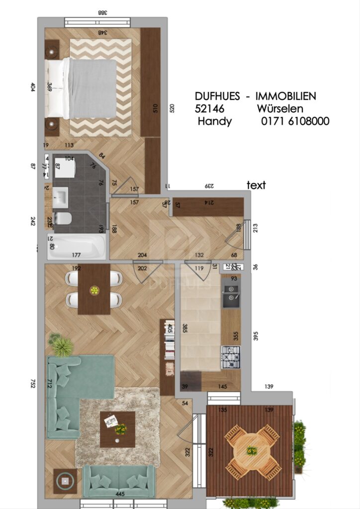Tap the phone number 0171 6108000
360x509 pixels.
pyautogui.click(x=295, y=121)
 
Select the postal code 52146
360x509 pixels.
pyautogui.click(x=209, y=109)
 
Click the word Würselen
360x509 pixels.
pyautogui.click(x=280, y=109)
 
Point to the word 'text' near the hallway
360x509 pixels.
pyautogui.click(x=256, y=185)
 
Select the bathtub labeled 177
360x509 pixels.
pyautogui.click(x=77, y=247)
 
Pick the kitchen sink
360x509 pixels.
pyautogui.click(x=231, y=297)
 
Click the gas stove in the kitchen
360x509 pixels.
pyautogui.click(x=230, y=357)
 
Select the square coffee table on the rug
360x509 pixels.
pyautogui.click(x=117, y=429)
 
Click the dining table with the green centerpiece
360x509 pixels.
pyautogui.click(x=94, y=289)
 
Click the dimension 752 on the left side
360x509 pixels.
pyautogui.click(x=33, y=383)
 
